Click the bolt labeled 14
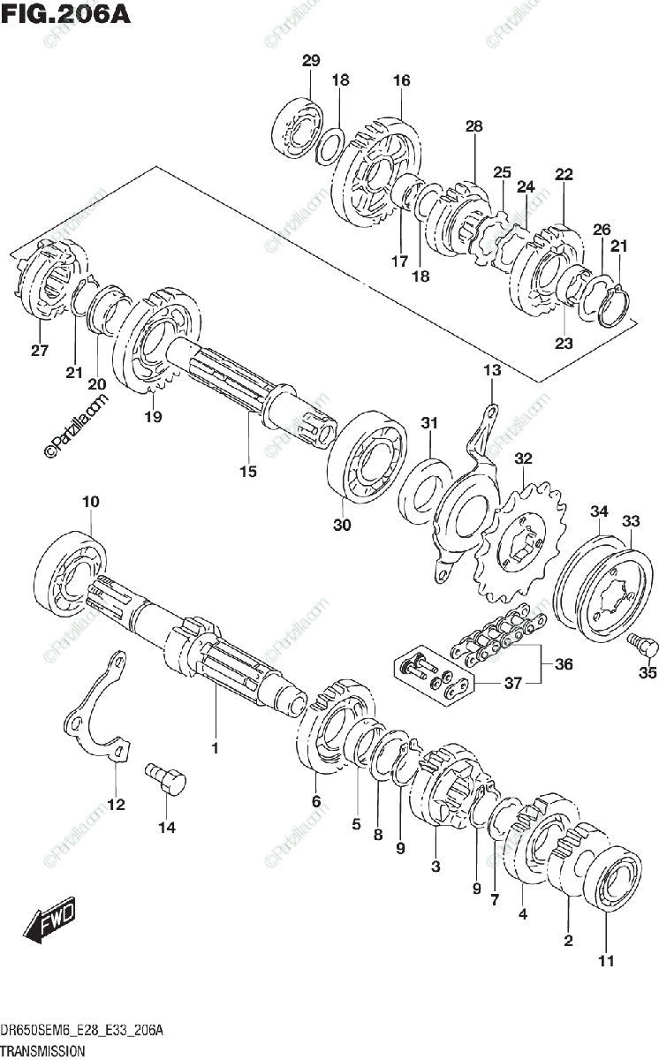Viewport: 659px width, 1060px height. point(169,780)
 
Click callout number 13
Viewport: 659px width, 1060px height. point(491,370)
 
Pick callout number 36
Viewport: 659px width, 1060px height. point(563,664)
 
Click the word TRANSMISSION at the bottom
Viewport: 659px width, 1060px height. point(42,1051)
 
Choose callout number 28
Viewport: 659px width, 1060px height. point(474,127)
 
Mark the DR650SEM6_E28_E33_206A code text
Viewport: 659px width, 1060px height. point(83,1032)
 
